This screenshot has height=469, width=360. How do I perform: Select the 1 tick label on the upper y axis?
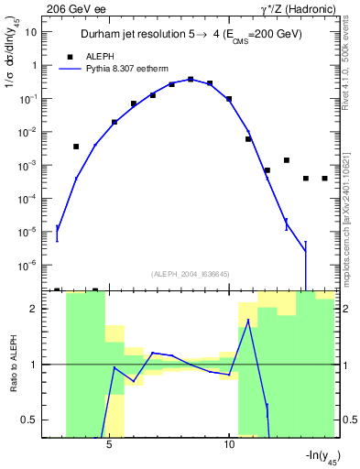pos(34,65)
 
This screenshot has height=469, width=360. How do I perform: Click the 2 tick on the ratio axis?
pos(34,309)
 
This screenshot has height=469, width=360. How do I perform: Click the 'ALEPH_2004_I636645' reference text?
pos(191,273)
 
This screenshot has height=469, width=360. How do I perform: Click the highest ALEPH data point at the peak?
pos(191,79)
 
